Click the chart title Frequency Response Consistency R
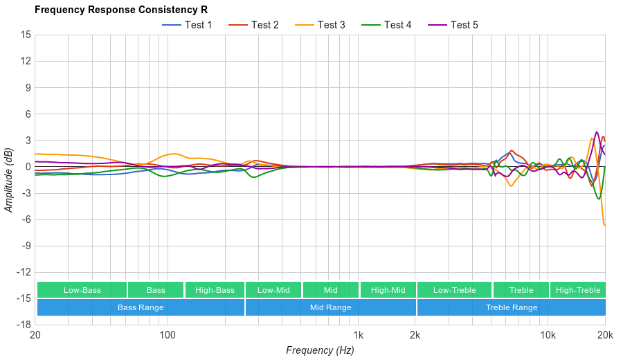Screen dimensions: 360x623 121,10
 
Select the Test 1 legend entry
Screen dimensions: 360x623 187,25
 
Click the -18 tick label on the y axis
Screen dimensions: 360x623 23,325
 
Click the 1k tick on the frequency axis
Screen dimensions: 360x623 358,335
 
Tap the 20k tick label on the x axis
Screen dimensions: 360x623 604,335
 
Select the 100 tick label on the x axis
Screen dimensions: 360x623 167,335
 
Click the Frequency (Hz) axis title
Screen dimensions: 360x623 320,350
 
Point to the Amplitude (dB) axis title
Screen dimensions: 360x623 9,179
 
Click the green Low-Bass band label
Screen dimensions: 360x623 82,290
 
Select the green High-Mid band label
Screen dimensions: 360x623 388,290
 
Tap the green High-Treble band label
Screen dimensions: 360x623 578,290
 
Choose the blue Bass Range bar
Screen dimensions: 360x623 141,307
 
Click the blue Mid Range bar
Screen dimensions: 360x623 330,307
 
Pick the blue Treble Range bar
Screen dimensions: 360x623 512,307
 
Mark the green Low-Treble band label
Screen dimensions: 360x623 454,290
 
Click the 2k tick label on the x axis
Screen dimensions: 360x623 415,335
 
